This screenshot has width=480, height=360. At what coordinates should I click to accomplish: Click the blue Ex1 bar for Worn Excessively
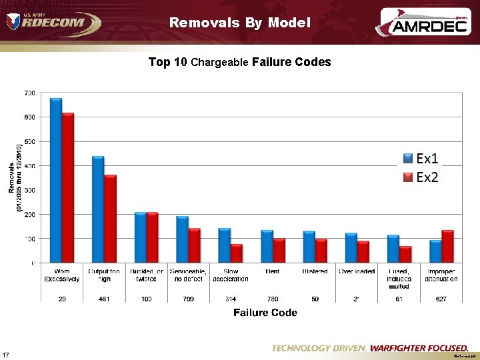[56, 180]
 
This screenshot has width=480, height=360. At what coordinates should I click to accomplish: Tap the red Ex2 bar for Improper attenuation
[447, 246]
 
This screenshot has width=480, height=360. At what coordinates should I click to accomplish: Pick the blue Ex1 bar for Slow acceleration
[225, 245]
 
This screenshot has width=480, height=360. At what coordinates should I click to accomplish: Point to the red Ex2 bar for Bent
[279, 250]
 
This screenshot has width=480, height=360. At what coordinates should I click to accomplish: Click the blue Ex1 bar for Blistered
[309, 247]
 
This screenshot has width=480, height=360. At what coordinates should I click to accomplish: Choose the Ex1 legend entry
[421, 159]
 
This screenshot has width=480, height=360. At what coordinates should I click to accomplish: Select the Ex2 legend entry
[421, 177]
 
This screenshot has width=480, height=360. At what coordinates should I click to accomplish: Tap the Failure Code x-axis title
[265, 313]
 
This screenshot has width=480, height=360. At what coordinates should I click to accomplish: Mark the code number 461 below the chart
[104, 299]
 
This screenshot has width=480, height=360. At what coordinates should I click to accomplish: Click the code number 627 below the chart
[441, 299]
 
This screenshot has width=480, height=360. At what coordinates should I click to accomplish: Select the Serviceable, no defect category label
[189, 275]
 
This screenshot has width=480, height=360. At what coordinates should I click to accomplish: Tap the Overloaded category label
[357, 271]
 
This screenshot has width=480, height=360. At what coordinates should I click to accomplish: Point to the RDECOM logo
[53, 22]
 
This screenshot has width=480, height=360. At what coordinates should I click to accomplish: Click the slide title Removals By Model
[240, 23]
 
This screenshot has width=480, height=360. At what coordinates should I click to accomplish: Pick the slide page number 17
[6, 353]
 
